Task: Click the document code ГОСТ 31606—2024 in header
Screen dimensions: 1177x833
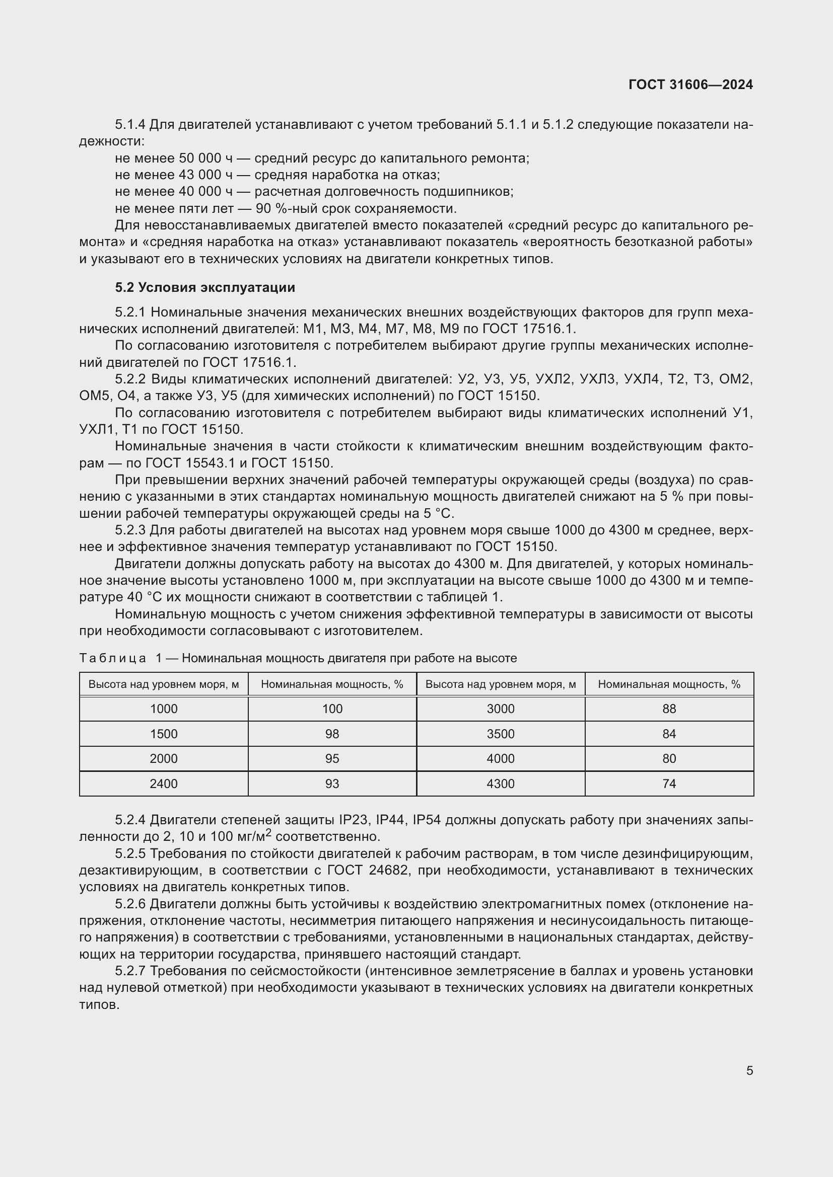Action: (690, 85)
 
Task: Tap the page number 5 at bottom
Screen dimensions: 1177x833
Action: (749, 1070)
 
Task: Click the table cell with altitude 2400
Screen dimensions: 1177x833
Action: (164, 783)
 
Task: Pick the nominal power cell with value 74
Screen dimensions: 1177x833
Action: (669, 783)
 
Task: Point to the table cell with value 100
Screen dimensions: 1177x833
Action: (332, 709)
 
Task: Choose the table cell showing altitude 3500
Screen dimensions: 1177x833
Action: (500, 734)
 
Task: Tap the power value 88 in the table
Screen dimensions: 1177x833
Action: (669, 709)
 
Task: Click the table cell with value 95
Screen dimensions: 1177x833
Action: (332, 758)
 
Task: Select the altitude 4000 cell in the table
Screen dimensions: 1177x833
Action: (500, 758)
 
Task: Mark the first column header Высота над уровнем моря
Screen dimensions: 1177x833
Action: (164, 684)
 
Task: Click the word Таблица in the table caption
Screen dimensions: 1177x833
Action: (113, 658)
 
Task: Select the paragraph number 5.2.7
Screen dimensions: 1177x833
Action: (130, 971)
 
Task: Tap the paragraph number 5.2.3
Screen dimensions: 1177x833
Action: (130, 530)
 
